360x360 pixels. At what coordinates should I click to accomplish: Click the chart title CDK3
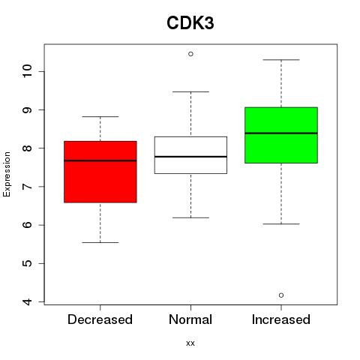click(x=190, y=23)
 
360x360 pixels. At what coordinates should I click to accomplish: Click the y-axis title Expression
click(x=7, y=174)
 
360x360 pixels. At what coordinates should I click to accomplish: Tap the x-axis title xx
click(x=190, y=343)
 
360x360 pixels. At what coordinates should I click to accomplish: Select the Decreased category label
click(x=100, y=319)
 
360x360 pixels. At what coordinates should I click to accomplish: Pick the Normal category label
click(x=190, y=319)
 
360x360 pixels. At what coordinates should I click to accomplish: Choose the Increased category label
click(x=281, y=319)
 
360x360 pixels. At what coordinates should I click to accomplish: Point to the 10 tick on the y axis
click(x=28, y=71)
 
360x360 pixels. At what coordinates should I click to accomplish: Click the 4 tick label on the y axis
click(x=28, y=301)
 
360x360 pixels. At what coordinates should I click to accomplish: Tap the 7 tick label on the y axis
click(x=28, y=187)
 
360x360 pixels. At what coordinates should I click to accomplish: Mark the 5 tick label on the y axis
click(x=28, y=263)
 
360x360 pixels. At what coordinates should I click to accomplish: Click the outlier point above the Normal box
click(x=190, y=54)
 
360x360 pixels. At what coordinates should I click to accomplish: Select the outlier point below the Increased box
click(x=281, y=295)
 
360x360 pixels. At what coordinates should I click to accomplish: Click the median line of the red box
click(x=100, y=160)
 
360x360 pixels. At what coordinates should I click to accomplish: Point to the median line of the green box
click(x=281, y=133)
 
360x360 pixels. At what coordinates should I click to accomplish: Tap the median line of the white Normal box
click(x=190, y=157)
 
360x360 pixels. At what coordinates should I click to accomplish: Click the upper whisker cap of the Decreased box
click(x=100, y=116)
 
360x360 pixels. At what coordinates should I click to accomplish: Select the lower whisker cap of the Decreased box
click(x=100, y=242)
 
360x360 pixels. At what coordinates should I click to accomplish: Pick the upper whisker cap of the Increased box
click(x=281, y=60)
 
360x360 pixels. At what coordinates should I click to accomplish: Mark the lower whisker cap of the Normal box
click(x=190, y=217)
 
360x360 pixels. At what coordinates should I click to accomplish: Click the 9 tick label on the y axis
click(x=28, y=110)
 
